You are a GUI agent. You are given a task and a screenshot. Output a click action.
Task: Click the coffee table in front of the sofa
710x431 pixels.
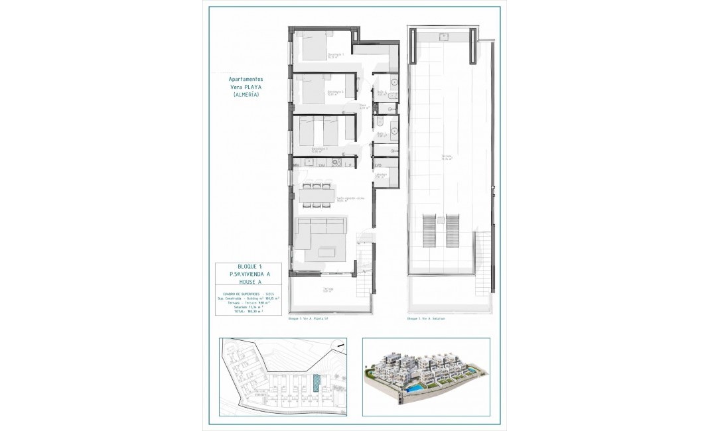pos(326,252)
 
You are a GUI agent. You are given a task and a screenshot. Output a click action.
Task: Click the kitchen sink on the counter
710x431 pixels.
pos(321,163)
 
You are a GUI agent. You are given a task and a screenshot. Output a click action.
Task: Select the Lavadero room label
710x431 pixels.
pos(381,175)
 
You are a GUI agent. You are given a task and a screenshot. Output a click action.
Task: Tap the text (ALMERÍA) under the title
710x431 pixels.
pos(246,95)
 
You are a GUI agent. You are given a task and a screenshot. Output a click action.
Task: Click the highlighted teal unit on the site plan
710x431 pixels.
pos(316,383)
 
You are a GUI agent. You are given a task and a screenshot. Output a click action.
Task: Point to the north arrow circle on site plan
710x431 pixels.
pos(338,343)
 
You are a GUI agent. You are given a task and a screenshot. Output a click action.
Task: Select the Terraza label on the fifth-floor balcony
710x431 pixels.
pos(328,288)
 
